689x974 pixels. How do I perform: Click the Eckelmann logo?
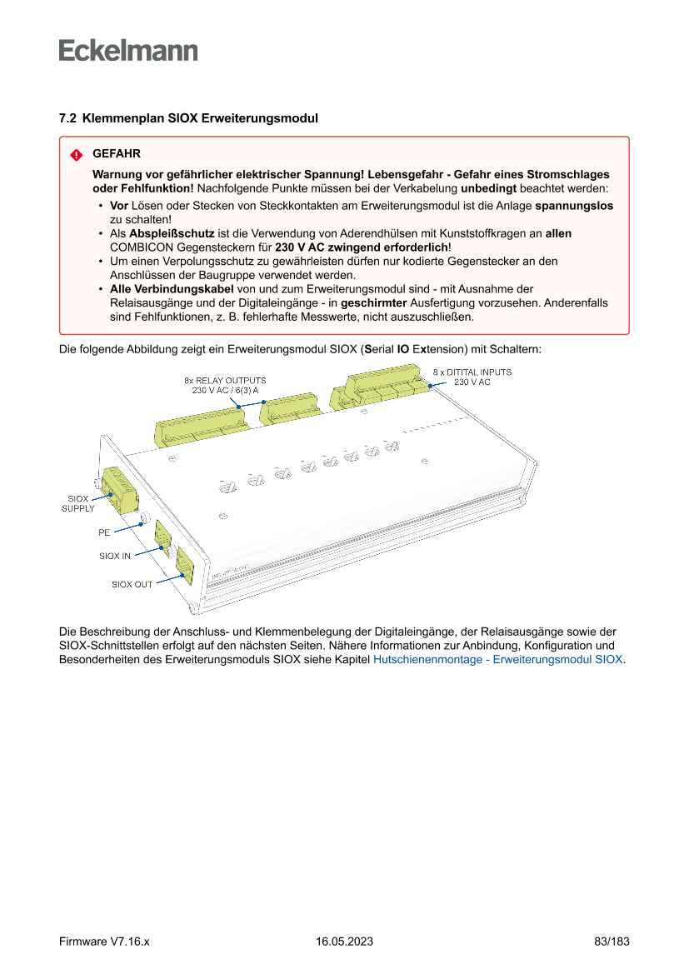click(128, 51)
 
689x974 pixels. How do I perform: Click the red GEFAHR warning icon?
click(76, 155)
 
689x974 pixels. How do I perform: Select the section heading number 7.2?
click(67, 119)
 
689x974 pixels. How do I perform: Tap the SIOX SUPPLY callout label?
click(78, 503)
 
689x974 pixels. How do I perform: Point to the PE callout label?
click(104, 531)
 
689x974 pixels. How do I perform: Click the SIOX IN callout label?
click(115, 556)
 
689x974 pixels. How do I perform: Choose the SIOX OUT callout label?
click(132, 584)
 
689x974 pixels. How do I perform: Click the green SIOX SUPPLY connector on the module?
click(118, 490)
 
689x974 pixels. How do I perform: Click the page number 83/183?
click(612, 942)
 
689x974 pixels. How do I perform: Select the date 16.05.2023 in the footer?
click(344, 942)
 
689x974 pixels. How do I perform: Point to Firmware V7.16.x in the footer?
click(104, 942)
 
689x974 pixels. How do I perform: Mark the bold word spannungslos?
click(573, 205)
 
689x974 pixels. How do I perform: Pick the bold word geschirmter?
click(374, 304)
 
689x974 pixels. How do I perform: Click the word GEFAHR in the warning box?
click(117, 154)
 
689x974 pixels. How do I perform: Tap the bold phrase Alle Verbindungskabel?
click(172, 289)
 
